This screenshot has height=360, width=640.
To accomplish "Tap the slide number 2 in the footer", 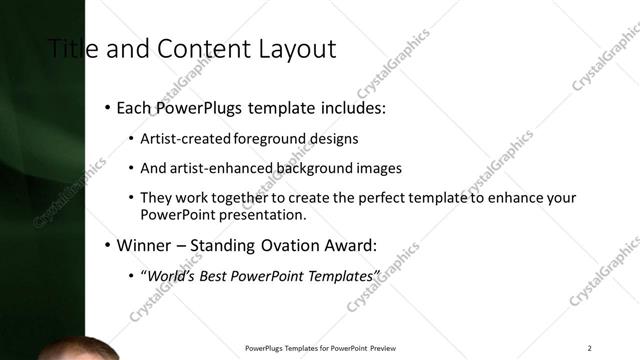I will pyautogui.click(x=590, y=348).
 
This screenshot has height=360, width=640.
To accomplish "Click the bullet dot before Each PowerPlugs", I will pyautogui.click(x=107, y=107).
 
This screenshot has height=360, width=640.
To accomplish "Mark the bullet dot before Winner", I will pyautogui.click(x=107, y=244).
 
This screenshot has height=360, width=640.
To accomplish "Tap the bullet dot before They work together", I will pyautogui.click(x=131, y=197).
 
